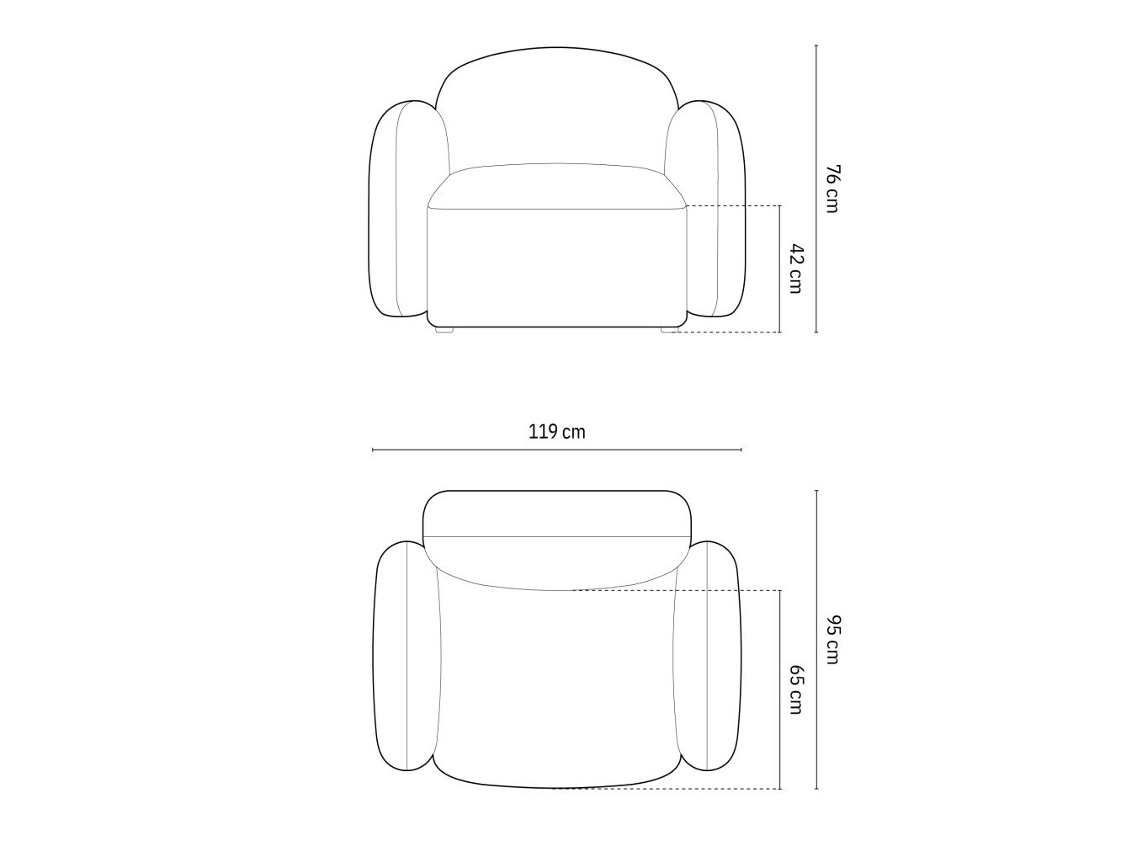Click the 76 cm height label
pyautogui.click(x=832, y=189)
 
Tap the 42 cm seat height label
pyautogui.click(x=796, y=269)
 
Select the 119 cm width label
pyautogui.click(x=556, y=432)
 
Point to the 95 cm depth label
pyautogui.click(x=832, y=640)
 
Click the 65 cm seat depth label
pyautogui.click(x=796, y=689)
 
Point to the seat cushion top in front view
pyautogui.click(x=556, y=186)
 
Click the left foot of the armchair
pyautogui.click(x=444, y=330)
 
